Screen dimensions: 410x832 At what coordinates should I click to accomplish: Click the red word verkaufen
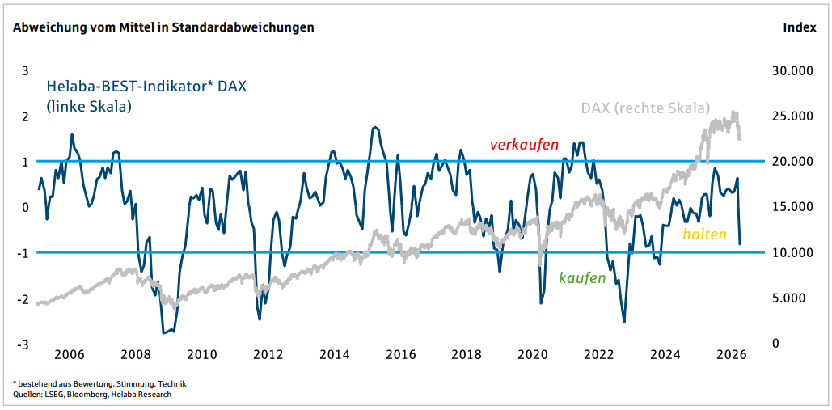tap(524, 145)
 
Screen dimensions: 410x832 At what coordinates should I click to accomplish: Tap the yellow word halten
tap(704, 235)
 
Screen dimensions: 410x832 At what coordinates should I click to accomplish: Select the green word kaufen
tap(582, 277)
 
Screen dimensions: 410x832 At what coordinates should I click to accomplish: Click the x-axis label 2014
tap(334, 354)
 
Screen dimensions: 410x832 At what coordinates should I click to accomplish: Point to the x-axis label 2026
tap(732, 354)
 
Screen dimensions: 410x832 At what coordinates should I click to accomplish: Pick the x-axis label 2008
tap(135, 354)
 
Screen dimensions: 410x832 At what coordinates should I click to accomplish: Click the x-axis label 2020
tap(533, 354)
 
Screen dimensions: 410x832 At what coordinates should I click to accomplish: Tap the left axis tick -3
tap(24, 344)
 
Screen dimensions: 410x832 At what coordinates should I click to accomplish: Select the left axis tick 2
tap(25, 116)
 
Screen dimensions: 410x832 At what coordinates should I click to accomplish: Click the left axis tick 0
tap(25, 207)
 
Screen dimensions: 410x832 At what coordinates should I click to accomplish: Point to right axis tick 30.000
tap(792, 71)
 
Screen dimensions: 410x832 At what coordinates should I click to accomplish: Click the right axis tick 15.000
tap(792, 207)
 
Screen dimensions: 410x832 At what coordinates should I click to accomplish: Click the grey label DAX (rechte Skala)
tap(645, 108)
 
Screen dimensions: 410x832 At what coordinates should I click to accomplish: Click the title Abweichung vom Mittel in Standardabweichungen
tap(163, 27)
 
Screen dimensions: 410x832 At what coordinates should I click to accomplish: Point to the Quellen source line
tap(92, 395)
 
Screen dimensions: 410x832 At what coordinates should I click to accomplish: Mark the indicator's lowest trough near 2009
tap(164, 332)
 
